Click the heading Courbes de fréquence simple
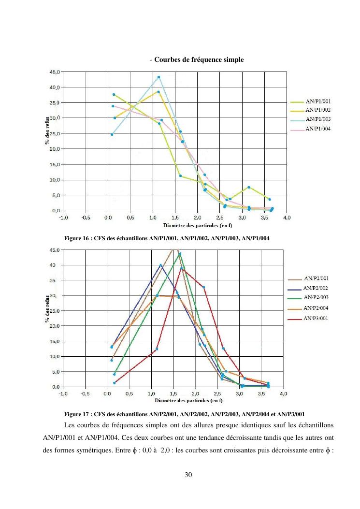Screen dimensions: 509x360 [199, 60]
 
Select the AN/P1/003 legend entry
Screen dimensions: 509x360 [317, 119]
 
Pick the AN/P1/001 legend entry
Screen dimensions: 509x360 [317, 102]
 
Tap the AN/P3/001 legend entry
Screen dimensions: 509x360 [316, 318]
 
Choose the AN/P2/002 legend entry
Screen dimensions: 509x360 [316, 288]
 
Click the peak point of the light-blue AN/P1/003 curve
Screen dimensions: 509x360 [158, 77]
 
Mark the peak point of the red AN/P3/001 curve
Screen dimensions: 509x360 [182, 268]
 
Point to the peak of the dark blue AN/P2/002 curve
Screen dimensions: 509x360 [161, 265]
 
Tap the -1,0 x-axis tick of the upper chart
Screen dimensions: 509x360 [63, 218]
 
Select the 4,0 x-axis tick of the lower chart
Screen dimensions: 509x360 [284, 394]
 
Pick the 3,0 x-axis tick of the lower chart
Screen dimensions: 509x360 [240, 394]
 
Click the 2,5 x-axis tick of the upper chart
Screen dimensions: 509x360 [220, 218]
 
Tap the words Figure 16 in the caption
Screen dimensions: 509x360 [76, 238]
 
